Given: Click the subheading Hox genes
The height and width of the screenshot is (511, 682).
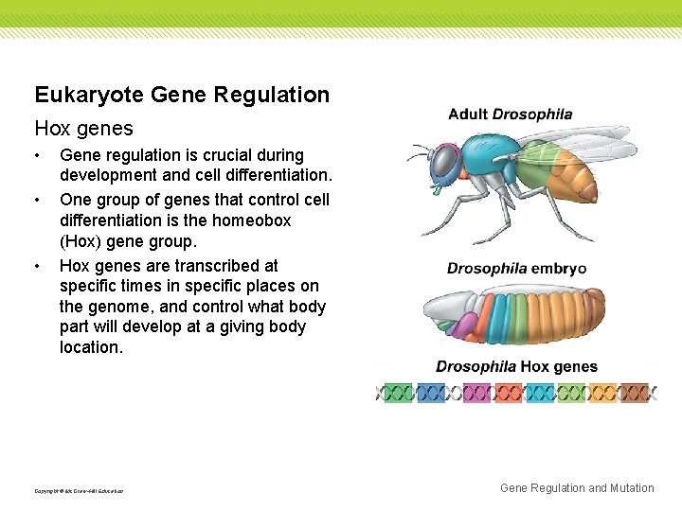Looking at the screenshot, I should tap(83, 128).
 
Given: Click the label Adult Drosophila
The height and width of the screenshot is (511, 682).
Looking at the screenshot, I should tap(510, 115).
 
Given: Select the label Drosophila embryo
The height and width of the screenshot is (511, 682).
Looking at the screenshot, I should tap(516, 269).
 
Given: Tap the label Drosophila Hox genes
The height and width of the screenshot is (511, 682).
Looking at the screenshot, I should tap(516, 367).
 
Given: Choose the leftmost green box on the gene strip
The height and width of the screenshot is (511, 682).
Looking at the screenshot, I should tap(399, 392).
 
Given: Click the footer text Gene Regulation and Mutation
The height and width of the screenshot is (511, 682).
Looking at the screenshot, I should tap(576, 488).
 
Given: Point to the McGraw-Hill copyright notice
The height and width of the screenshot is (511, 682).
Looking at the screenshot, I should tap(79, 490).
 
